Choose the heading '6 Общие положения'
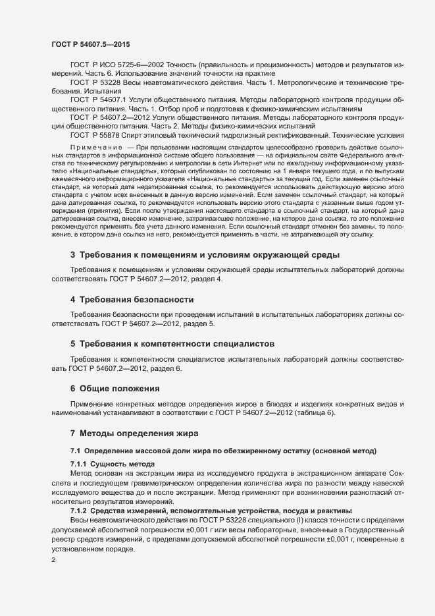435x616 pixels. [115, 389]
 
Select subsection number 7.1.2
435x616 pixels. [80, 511]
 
